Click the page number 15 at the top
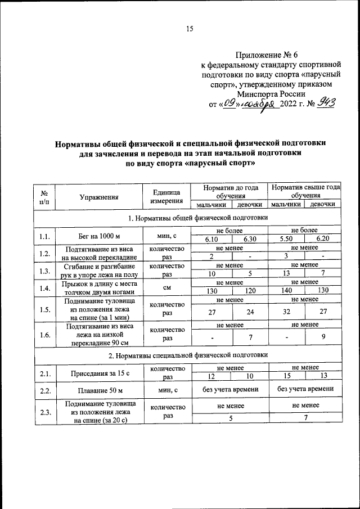point(190,29)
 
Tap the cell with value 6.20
point(322,240)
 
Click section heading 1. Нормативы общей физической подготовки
point(190,217)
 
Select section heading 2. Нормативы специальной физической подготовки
point(190,355)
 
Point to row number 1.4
point(45,289)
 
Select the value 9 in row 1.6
point(322,337)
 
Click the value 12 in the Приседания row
point(211,376)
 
